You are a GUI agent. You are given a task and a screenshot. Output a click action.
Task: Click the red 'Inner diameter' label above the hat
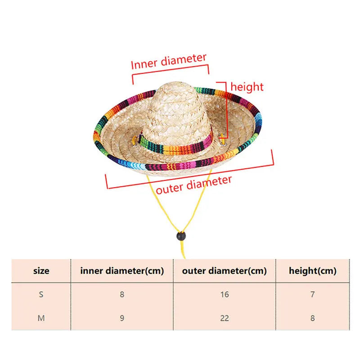pos(169,62)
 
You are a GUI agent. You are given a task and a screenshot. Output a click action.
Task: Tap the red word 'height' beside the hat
pos(247,86)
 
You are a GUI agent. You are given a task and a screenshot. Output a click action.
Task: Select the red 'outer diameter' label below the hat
pos(194,184)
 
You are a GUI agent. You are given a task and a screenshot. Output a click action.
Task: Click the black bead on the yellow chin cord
pos(180,235)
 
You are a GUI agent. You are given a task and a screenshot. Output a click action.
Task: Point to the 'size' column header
pos(41,271)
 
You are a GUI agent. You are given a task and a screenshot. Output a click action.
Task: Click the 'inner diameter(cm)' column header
pos(122,271)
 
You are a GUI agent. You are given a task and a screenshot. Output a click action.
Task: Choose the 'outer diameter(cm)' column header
pos(225,271)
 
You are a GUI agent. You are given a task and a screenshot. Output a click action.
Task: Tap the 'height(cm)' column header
pos(313,271)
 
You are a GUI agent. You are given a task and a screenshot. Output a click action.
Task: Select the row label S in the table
pos(41,295)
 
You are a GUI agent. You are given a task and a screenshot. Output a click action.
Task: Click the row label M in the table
pos(41,318)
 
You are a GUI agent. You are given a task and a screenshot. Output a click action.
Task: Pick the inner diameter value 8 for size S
pos(122,295)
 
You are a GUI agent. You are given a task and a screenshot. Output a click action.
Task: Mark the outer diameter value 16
pos(225,295)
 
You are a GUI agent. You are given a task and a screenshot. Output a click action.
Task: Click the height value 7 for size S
pos(313,295)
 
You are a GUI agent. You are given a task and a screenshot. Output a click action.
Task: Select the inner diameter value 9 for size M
pos(122,318)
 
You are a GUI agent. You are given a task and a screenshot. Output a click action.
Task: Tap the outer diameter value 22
pos(225,318)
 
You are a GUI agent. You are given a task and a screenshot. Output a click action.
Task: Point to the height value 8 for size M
pos(313,318)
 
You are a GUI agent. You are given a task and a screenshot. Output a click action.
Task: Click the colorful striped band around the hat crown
pos(175,145)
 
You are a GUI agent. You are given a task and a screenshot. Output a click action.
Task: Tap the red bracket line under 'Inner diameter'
pos(171,72)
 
